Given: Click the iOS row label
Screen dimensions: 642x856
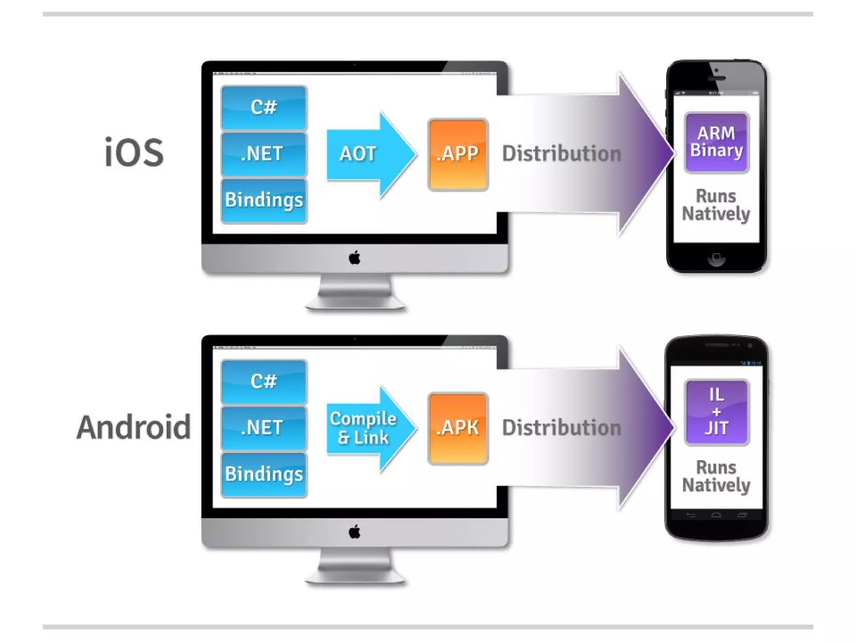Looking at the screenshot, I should (x=134, y=152).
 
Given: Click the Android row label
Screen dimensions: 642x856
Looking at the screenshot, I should (x=134, y=427).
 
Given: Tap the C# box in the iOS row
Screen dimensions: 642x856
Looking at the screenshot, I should (x=264, y=107).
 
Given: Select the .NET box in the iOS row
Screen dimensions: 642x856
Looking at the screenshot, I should (x=264, y=154).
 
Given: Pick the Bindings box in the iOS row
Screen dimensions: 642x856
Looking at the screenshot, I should (x=264, y=200).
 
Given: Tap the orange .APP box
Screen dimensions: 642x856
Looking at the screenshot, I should (x=458, y=154).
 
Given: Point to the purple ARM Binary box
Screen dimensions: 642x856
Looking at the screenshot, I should (x=716, y=142).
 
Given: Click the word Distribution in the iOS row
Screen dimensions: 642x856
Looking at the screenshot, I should (x=561, y=154).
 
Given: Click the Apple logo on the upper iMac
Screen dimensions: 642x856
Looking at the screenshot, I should (x=354, y=258).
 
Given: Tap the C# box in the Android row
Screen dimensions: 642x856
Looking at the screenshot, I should (x=264, y=382).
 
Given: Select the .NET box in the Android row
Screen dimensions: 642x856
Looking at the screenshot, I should (x=264, y=428).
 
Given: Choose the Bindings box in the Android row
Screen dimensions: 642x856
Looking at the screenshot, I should (x=264, y=474).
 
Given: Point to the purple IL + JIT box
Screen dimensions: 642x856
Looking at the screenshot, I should (x=716, y=412).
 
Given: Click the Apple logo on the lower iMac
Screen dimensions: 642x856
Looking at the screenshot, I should (x=354, y=532).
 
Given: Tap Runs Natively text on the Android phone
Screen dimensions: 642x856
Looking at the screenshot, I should (x=716, y=476).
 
